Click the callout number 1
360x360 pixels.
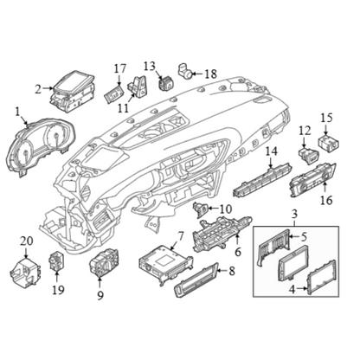[18, 112]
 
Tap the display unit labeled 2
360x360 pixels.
[72, 91]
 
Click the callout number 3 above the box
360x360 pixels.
[294, 215]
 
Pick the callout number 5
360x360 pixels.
[304, 237]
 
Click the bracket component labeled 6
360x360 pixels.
[222, 234]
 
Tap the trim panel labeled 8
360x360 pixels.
[196, 280]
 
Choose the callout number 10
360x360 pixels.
[226, 209]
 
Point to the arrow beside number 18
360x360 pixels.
[198, 74]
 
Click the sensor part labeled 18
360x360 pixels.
[184, 71]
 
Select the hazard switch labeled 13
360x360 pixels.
[166, 83]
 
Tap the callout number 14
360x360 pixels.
[272, 151]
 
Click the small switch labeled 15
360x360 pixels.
[328, 143]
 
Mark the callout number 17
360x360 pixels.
[120, 68]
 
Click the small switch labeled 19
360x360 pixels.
[56, 262]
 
